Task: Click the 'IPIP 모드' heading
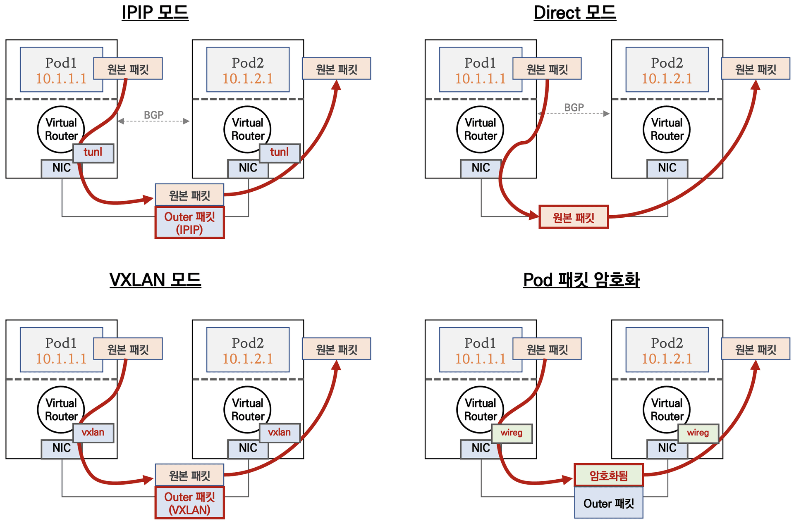pos(155,12)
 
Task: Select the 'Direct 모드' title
pos(575,12)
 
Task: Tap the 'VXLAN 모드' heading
pos(155,280)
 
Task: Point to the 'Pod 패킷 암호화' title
pos(581,280)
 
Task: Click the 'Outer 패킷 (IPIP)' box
pos(190,223)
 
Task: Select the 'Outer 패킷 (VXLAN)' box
pos(190,503)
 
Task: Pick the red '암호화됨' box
pos(609,476)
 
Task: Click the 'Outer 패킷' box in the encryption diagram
pos(609,503)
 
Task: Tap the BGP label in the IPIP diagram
pos(154,115)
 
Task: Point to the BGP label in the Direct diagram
pos(574,107)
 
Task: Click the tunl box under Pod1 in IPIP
pos(93,153)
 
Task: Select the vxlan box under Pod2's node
pos(280,433)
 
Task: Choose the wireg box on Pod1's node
pos(512,433)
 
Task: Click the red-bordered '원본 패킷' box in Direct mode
pos(574,217)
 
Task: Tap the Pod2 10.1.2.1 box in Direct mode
pos(667,69)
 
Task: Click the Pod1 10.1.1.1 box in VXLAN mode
pos(62,350)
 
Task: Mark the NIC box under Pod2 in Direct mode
pos(667,169)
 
